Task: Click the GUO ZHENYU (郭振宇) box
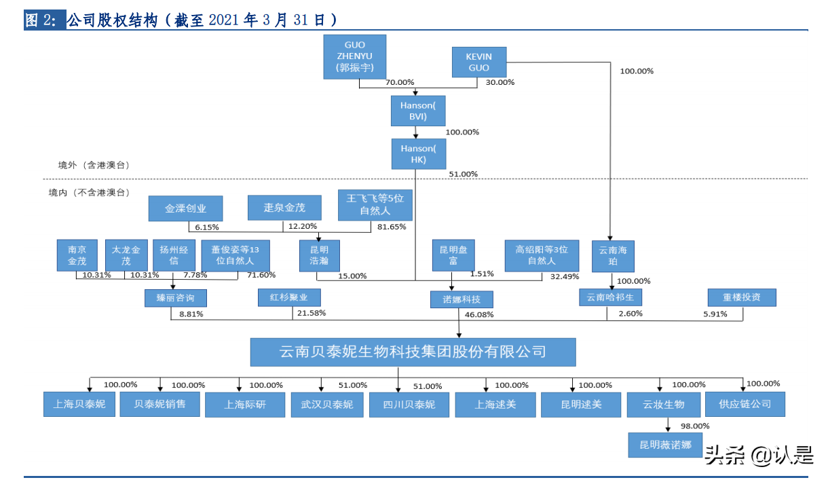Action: pyautogui.click(x=355, y=57)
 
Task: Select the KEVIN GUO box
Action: pyautogui.click(x=478, y=62)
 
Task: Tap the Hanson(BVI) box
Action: pyautogui.click(x=417, y=111)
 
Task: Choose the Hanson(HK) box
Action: pyautogui.click(x=417, y=153)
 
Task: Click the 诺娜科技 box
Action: pyautogui.click(x=462, y=299)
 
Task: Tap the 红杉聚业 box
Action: pyautogui.click(x=288, y=297)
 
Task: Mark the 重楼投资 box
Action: pyautogui.click(x=741, y=297)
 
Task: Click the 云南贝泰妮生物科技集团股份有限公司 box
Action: pyautogui.click(x=413, y=352)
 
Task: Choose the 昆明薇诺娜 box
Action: pyautogui.click(x=665, y=445)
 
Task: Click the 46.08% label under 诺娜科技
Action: pyautogui.click(x=479, y=315)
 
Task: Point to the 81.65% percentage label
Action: pyautogui.click(x=392, y=227)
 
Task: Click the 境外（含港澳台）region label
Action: pyautogui.click(x=94, y=165)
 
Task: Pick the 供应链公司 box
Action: pyautogui.click(x=745, y=404)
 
